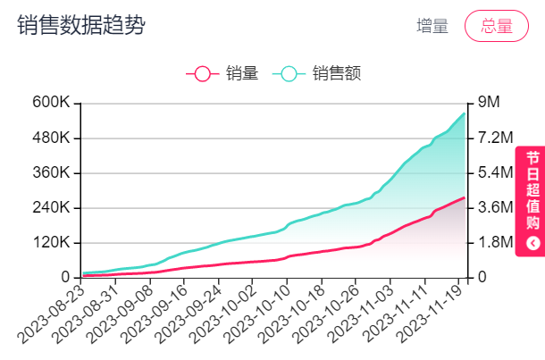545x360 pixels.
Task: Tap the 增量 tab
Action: pos(432,26)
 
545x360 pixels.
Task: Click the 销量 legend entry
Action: pos(227,73)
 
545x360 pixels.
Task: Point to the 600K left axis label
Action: pos(51,103)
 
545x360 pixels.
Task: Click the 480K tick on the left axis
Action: pos(51,138)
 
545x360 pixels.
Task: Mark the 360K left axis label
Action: pos(51,172)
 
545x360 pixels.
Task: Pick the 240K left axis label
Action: pos(51,207)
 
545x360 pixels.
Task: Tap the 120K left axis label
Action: pos(51,243)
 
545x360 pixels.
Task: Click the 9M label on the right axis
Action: pos(488,103)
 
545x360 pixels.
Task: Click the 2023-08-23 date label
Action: pos(52,314)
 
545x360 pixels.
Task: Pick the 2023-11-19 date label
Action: pos(428,314)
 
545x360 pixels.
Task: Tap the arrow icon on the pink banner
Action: pos(533,242)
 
